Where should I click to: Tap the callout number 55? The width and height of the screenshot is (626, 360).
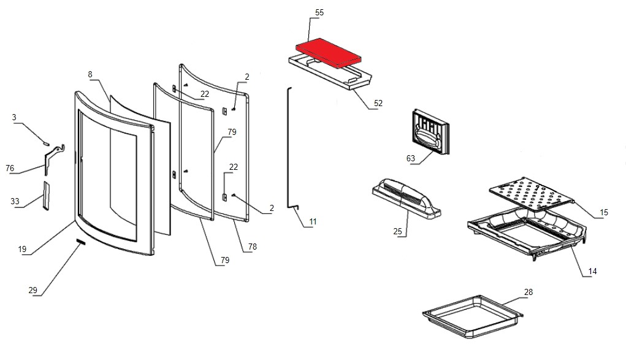click(x=319, y=13)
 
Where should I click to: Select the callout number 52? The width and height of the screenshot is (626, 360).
click(x=378, y=103)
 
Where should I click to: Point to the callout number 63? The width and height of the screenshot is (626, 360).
click(x=411, y=158)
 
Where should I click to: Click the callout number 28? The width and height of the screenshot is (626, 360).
click(x=528, y=292)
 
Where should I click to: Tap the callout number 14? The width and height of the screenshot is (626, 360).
click(x=592, y=271)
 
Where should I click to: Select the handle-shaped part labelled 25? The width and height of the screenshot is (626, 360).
click(x=406, y=197)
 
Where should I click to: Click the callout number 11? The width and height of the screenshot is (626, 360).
click(x=313, y=221)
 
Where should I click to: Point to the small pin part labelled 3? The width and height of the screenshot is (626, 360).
click(x=46, y=142)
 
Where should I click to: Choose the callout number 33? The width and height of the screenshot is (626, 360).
click(x=15, y=201)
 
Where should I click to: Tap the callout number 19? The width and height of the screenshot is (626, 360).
click(x=22, y=250)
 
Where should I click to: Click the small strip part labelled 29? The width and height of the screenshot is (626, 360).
click(x=80, y=243)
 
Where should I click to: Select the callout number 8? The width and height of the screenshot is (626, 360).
click(x=90, y=74)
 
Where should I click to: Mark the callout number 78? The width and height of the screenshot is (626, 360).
click(x=252, y=247)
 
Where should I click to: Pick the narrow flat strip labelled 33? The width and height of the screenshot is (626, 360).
click(x=45, y=195)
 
